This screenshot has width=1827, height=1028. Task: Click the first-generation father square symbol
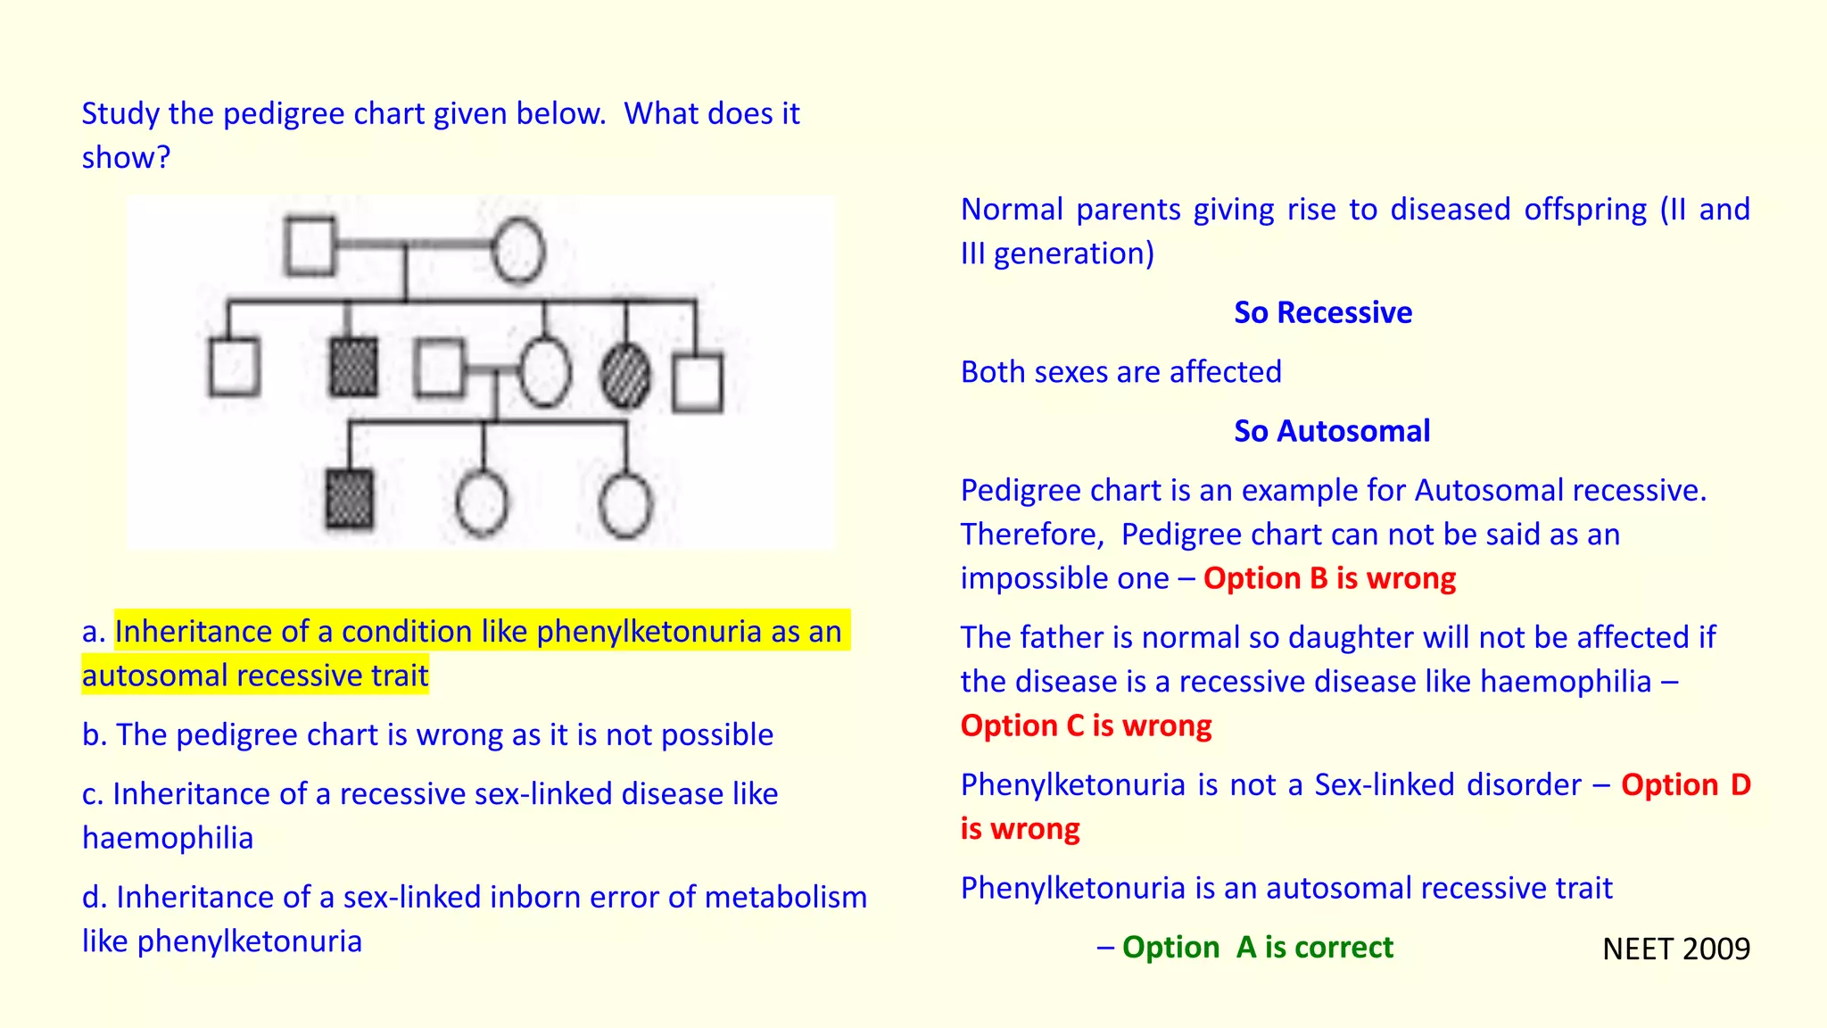point(310,245)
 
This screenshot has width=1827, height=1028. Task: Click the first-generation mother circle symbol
point(518,251)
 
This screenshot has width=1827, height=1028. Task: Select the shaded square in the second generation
point(353,367)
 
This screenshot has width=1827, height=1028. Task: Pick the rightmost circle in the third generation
point(625,505)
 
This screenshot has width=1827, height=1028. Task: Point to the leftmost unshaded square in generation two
point(234,367)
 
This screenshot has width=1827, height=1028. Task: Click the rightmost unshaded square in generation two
point(698,384)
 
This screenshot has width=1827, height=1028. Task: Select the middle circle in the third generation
point(482,503)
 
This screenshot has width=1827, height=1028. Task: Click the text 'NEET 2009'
point(1675,949)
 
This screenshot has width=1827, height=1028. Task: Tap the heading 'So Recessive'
point(1322,312)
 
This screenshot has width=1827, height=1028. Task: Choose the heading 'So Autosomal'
point(1331,431)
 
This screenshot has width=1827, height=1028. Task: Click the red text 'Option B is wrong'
point(1328,578)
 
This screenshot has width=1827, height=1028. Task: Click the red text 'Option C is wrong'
point(1086,725)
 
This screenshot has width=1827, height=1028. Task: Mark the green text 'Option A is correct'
point(1256,947)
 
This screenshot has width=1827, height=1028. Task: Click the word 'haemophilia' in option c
point(168,838)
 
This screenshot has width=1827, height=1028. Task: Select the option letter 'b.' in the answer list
point(95,735)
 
